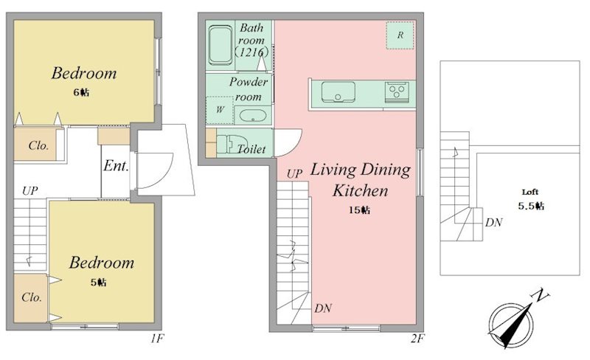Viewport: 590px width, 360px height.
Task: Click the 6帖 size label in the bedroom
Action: pyautogui.click(x=81, y=92)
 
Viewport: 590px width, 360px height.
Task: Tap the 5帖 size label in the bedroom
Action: pyautogui.click(x=99, y=282)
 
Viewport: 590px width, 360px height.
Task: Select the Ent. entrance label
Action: pyautogui.click(x=116, y=165)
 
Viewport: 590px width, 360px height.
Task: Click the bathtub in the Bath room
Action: pyautogui.click(x=220, y=45)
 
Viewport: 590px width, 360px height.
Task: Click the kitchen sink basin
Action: pyautogui.click(x=339, y=92)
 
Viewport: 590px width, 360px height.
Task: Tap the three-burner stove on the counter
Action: pyautogui.click(x=397, y=91)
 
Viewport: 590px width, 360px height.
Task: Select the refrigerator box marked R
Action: pyautogui.click(x=400, y=35)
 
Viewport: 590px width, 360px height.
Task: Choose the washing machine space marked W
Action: pyautogui.click(x=220, y=110)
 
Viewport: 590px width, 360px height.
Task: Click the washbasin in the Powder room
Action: pyautogui.click(x=253, y=115)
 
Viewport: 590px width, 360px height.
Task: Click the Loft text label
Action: pyautogui.click(x=530, y=192)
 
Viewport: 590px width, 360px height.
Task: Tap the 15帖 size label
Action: pyautogui.click(x=359, y=210)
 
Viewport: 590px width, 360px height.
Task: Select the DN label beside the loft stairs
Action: pyautogui.click(x=493, y=223)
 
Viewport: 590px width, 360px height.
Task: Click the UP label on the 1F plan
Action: pyautogui.click(x=29, y=190)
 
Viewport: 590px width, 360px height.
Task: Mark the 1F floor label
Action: pyautogui.click(x=156, y=339)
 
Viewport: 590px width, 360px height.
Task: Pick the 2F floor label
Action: pyautogui.click(x=417, y=339)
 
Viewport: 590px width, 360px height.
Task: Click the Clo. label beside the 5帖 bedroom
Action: pyautogui.click(x=32, y=297)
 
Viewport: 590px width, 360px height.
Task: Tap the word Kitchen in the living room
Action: pyautogui.click(x=360, y=190)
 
